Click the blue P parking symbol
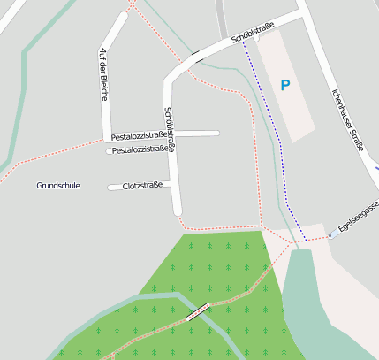click(x=284, y=86)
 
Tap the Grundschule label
click(x=58, y=186)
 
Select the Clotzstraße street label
click(x=142, y=186)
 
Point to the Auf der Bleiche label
click(x=104, y=73)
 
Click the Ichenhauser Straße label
click(x=348, y=119)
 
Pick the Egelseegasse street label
click(x=359, y=221)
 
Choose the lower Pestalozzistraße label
click(x=141, y=149)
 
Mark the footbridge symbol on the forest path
click(x=199, y=310)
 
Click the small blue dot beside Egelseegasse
click(x=330, y=235)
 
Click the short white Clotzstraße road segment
click(x=115, y=187)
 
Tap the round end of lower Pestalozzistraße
click(x=110, y=151)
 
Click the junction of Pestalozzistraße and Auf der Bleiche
click(x=107, y=138)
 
